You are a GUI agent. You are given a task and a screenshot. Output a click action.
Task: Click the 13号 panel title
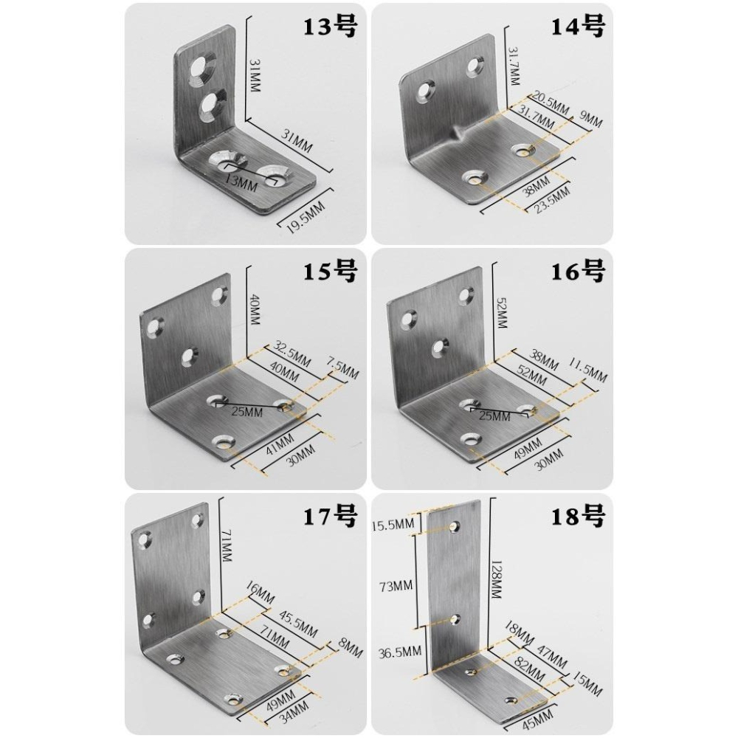[x=329, y=27]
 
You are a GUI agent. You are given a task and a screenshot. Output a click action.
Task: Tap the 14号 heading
[x=578, y=27]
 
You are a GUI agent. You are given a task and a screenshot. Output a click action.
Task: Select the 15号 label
[x=329, y=272]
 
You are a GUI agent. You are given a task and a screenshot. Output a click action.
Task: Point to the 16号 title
[x=578, y=272]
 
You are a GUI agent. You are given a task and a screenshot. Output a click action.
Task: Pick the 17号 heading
[x=329, y=517]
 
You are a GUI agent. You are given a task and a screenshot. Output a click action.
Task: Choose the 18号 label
[x=578, y=517]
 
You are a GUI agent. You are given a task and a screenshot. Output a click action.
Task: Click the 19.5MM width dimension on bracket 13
[x=306, y=218]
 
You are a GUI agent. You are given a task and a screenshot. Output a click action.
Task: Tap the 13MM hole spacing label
[x=241, y=182]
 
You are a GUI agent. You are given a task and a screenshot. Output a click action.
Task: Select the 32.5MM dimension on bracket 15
[x=292, y=356]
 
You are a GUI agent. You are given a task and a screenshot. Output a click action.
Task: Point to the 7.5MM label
[x=343, y=368]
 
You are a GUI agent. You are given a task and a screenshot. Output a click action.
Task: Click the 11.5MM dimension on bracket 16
[x=588, y=370]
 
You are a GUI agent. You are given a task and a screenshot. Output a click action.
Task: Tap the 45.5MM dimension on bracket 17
[x=298, y=624]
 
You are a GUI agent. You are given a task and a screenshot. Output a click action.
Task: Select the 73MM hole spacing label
[x=396, y=586]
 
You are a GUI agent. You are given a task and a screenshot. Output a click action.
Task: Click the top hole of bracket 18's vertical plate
[x=455, y=525]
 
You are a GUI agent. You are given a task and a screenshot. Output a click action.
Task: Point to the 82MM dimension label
[x=530, y=670]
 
